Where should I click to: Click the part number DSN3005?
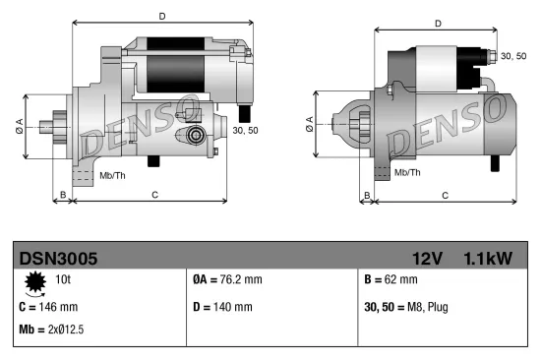tap(58, 259)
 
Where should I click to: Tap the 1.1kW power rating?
tap(488, 259)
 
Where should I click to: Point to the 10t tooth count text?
tap(62, 280)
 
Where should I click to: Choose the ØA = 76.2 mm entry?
tap(227, 280)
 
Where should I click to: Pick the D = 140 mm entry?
tap(222, 307)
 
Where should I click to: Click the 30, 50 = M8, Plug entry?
tap(406, 307)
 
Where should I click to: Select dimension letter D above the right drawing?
tap(438, 24)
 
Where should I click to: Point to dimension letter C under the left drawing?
tap(154, 195)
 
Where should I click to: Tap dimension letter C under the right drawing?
tap(445, 195)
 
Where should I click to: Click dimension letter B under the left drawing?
tap(63, 195)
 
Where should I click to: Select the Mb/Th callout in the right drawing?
tap(407, 171)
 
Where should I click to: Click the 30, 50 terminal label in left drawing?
tap(246, 129)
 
